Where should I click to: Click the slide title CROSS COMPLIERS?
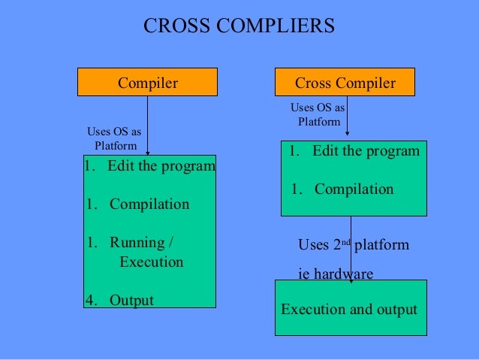pyautogui.click(x=239, y=26)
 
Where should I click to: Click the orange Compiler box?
pyautogui.click(x=147, y=83)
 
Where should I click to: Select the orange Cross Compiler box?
pyautogui.click(x=345, y=83)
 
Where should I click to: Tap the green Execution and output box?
pyautogui.click(x=348, y=309)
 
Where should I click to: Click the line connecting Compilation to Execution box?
pyautogui.click(x=351, y=248)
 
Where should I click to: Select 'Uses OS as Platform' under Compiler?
pyautogui.click(x=115, y=139)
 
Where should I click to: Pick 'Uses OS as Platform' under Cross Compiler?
pyautogui.click(x=318, y=114)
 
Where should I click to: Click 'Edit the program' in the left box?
pyautogui.click(x=161, y=165)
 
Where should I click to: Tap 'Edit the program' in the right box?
pyautogui.click(x=366, y=151)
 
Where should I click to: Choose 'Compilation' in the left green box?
pyautogui.click(x=149, y=204)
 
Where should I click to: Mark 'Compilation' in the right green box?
pyautogui.click(x=354, y=189)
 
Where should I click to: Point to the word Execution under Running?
pyautogui.click(x=151, y=262)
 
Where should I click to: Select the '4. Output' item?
pyautogui.click(x=119, y=301)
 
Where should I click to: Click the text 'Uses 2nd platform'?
pyautogui.click(x=353, y=245)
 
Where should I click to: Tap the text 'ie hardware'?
pyautogui.click(x=335, y=274)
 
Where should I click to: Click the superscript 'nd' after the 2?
pyautogui.click(x=345, y=241)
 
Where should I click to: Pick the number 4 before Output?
pyautogui.click(x=89, y=301)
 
